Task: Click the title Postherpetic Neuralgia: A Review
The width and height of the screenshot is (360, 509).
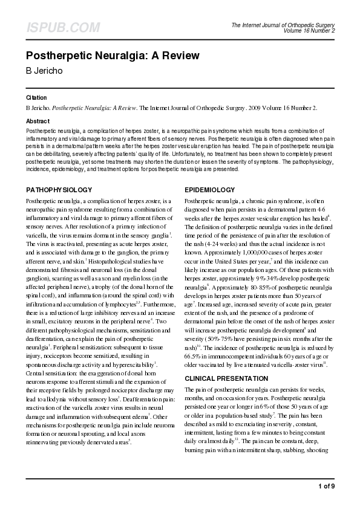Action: pos(113,56)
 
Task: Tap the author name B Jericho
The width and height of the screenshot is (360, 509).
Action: pos(48,71)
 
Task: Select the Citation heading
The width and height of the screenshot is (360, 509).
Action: pos(36,97)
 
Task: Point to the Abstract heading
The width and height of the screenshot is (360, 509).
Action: pos(38,121)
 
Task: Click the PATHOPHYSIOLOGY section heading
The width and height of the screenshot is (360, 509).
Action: pos(59,189)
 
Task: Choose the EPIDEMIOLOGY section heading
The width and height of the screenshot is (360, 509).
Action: pos(210,189)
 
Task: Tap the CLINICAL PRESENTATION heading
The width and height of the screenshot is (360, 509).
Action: pos(226,378)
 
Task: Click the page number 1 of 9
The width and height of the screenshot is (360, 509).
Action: pos(326,486)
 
